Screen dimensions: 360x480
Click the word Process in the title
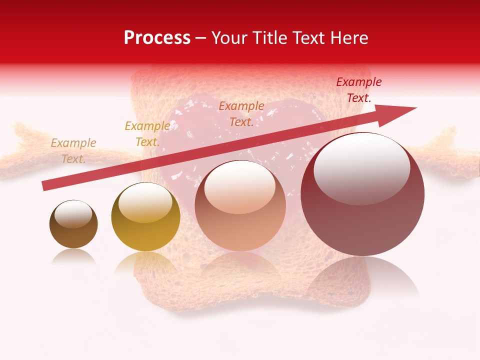(x=157, y=38)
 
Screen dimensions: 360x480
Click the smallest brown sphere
(x=73, y=224)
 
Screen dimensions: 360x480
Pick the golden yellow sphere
(x=145, y=217)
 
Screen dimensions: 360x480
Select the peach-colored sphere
(x=240, y=206)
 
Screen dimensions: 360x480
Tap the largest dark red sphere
(x=362, y=195)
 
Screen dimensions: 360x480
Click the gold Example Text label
(x=147, y=134)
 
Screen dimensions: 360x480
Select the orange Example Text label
(x=241, y=113)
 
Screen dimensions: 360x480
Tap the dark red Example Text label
(x=358, y=90)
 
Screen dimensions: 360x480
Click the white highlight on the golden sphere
(x=145, y=202)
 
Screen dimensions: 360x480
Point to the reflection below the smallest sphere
(x=73, y=256)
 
